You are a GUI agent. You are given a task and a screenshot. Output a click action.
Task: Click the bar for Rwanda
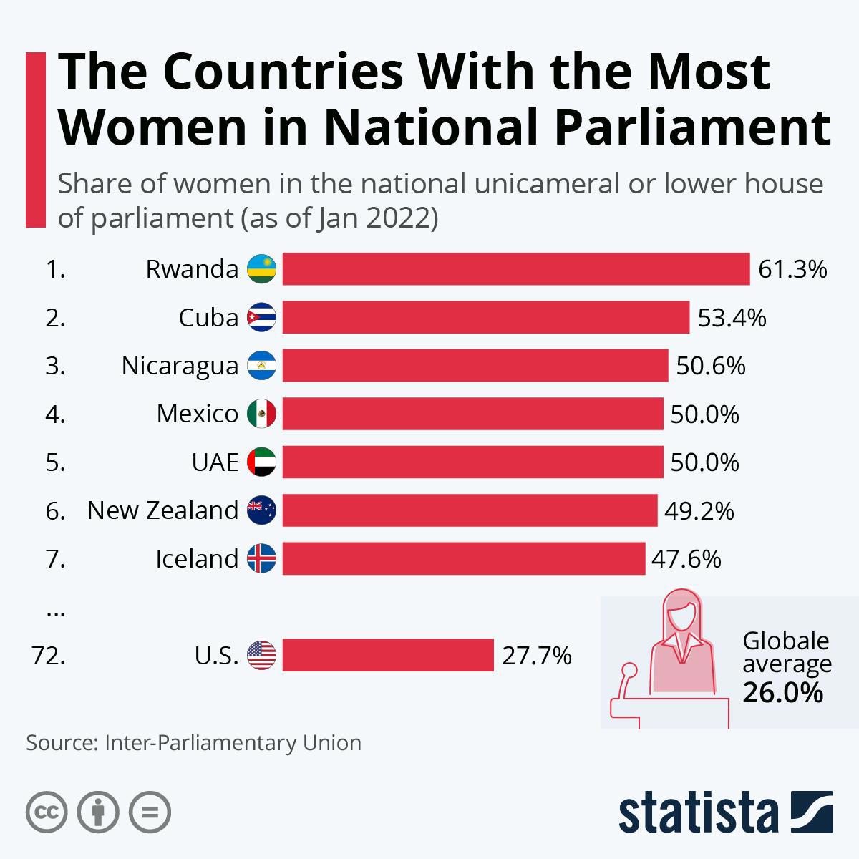[515, 269]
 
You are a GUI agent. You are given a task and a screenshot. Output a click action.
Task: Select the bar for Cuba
[485, 317]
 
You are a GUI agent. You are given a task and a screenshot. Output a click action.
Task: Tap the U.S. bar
[388, 655]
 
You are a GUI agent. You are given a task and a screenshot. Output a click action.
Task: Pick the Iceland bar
[463, 558]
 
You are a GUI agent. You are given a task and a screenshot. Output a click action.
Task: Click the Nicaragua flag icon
[261, 366]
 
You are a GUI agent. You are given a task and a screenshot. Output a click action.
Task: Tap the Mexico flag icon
[261, 414]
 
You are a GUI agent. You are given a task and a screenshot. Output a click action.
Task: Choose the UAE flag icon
[261, 462]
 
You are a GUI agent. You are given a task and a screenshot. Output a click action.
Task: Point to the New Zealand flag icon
[261, 510]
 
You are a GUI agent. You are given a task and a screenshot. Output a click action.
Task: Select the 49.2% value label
[699, 510]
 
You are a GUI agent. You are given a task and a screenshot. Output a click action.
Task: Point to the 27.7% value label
[536, 655]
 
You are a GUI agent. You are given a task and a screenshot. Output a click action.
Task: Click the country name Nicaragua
[180, 366]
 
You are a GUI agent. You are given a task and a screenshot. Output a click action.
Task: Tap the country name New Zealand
[162, 510]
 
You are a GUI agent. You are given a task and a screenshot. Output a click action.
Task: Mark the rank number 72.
[49, 655]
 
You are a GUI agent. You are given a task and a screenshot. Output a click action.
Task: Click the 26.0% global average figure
[782, 692]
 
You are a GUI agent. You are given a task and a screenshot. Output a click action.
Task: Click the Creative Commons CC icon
[47, 812]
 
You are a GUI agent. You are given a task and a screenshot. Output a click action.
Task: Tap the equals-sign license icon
[150, 812]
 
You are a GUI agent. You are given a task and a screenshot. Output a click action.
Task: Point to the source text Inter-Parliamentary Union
[233, 742]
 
